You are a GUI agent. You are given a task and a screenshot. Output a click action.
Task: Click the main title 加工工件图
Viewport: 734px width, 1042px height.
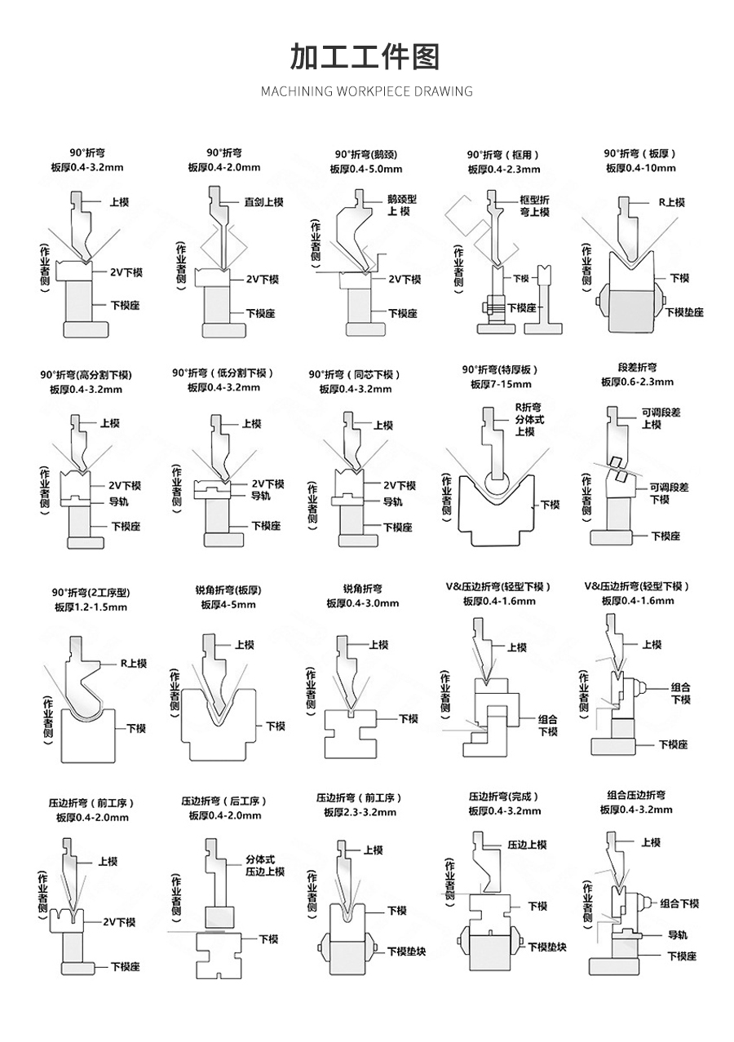point(365,58)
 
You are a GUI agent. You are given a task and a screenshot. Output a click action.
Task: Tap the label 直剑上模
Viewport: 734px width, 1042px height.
point(263,201)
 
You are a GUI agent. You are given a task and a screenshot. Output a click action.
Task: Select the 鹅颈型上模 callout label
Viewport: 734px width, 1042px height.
point(401,205)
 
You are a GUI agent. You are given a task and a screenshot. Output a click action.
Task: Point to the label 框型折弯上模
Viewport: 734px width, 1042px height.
point(534,205)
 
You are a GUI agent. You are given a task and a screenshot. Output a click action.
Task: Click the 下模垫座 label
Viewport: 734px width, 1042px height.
point(683,312)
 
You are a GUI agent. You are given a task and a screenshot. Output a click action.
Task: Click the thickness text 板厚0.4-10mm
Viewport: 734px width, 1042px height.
point(640,168)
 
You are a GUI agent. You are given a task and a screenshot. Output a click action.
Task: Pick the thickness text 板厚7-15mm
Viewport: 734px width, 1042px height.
point(500,384)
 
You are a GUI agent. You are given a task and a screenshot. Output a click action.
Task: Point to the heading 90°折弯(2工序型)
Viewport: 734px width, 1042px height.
point(91,592)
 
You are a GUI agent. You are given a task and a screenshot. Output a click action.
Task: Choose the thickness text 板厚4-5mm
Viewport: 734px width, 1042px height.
point(228,605)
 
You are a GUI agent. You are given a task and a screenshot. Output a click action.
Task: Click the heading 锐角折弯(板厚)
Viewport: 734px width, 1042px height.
point(228,589)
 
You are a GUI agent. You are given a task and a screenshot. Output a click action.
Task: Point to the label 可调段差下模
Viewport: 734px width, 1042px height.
point(669,493)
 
